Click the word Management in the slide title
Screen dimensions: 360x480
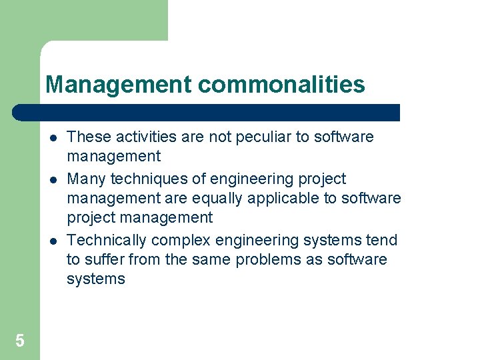tap(118, 85)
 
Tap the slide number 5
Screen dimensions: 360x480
tap(20, 341)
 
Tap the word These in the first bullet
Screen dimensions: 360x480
tap(89, 137)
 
